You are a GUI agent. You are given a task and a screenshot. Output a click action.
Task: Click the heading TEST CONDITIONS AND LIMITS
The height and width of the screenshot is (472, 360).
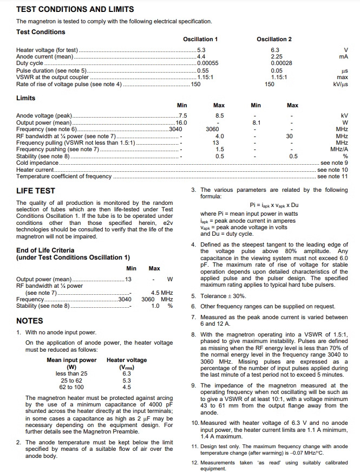pos(75,9)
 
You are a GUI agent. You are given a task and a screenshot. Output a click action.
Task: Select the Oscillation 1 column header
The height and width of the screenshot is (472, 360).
pos(201,40)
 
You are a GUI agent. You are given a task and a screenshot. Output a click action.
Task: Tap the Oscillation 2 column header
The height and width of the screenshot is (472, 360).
pos(274,40)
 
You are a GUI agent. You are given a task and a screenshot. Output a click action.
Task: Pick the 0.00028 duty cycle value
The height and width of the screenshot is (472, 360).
pos(282,63)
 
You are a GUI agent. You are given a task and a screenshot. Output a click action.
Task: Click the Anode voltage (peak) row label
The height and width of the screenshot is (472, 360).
pos(44,116)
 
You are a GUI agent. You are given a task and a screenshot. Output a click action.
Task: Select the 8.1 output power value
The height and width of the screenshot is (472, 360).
pos(257,123)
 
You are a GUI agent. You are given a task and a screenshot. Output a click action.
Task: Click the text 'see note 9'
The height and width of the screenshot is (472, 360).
pos(334,163)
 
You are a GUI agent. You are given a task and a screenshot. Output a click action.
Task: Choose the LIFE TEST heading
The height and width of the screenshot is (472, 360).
pos(35,191)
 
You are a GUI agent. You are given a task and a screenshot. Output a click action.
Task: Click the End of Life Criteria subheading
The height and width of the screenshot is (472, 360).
pos(45,250)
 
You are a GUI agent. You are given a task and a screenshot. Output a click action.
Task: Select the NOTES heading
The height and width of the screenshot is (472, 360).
pos(31,321)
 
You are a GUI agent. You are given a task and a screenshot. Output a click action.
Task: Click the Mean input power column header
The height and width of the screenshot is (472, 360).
pos(71,360)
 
